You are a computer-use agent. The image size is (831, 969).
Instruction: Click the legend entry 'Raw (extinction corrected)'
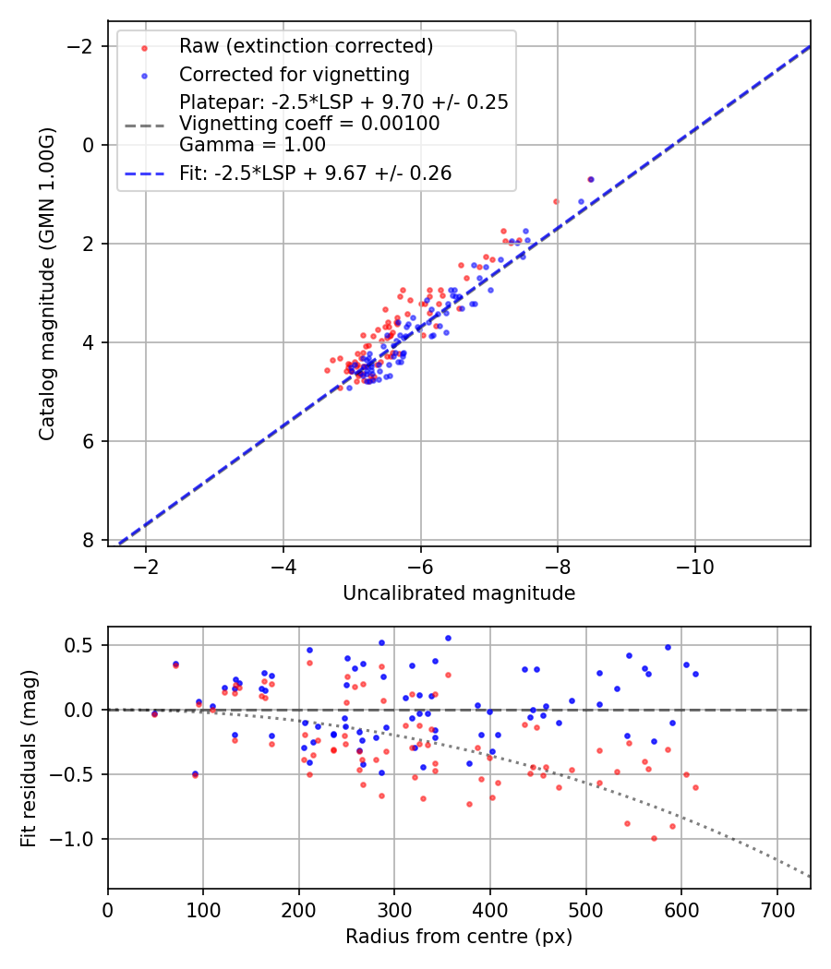306,46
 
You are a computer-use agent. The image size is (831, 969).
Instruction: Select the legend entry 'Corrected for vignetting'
294,74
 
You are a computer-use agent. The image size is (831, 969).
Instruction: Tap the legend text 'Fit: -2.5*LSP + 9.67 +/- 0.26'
315,173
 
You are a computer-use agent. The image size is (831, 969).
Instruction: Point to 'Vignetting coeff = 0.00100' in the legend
309,124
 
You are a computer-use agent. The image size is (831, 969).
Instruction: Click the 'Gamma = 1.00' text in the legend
252,144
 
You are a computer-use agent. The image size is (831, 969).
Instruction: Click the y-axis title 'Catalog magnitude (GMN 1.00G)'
47,283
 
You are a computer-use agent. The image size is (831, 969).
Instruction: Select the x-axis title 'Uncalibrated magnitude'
459,593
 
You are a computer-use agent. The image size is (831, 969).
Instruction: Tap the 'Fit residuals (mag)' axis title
29,758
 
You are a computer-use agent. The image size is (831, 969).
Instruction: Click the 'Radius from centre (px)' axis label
459,937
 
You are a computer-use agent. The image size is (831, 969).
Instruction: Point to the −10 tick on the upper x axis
694,566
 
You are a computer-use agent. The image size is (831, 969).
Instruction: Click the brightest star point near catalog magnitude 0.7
590,179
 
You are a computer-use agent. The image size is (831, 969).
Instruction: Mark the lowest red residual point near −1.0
654,838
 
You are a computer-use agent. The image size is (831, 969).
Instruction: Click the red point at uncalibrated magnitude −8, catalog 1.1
556,201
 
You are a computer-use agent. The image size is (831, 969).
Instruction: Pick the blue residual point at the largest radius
695,674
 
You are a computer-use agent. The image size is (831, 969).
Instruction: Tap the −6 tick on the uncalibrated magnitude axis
420,566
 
